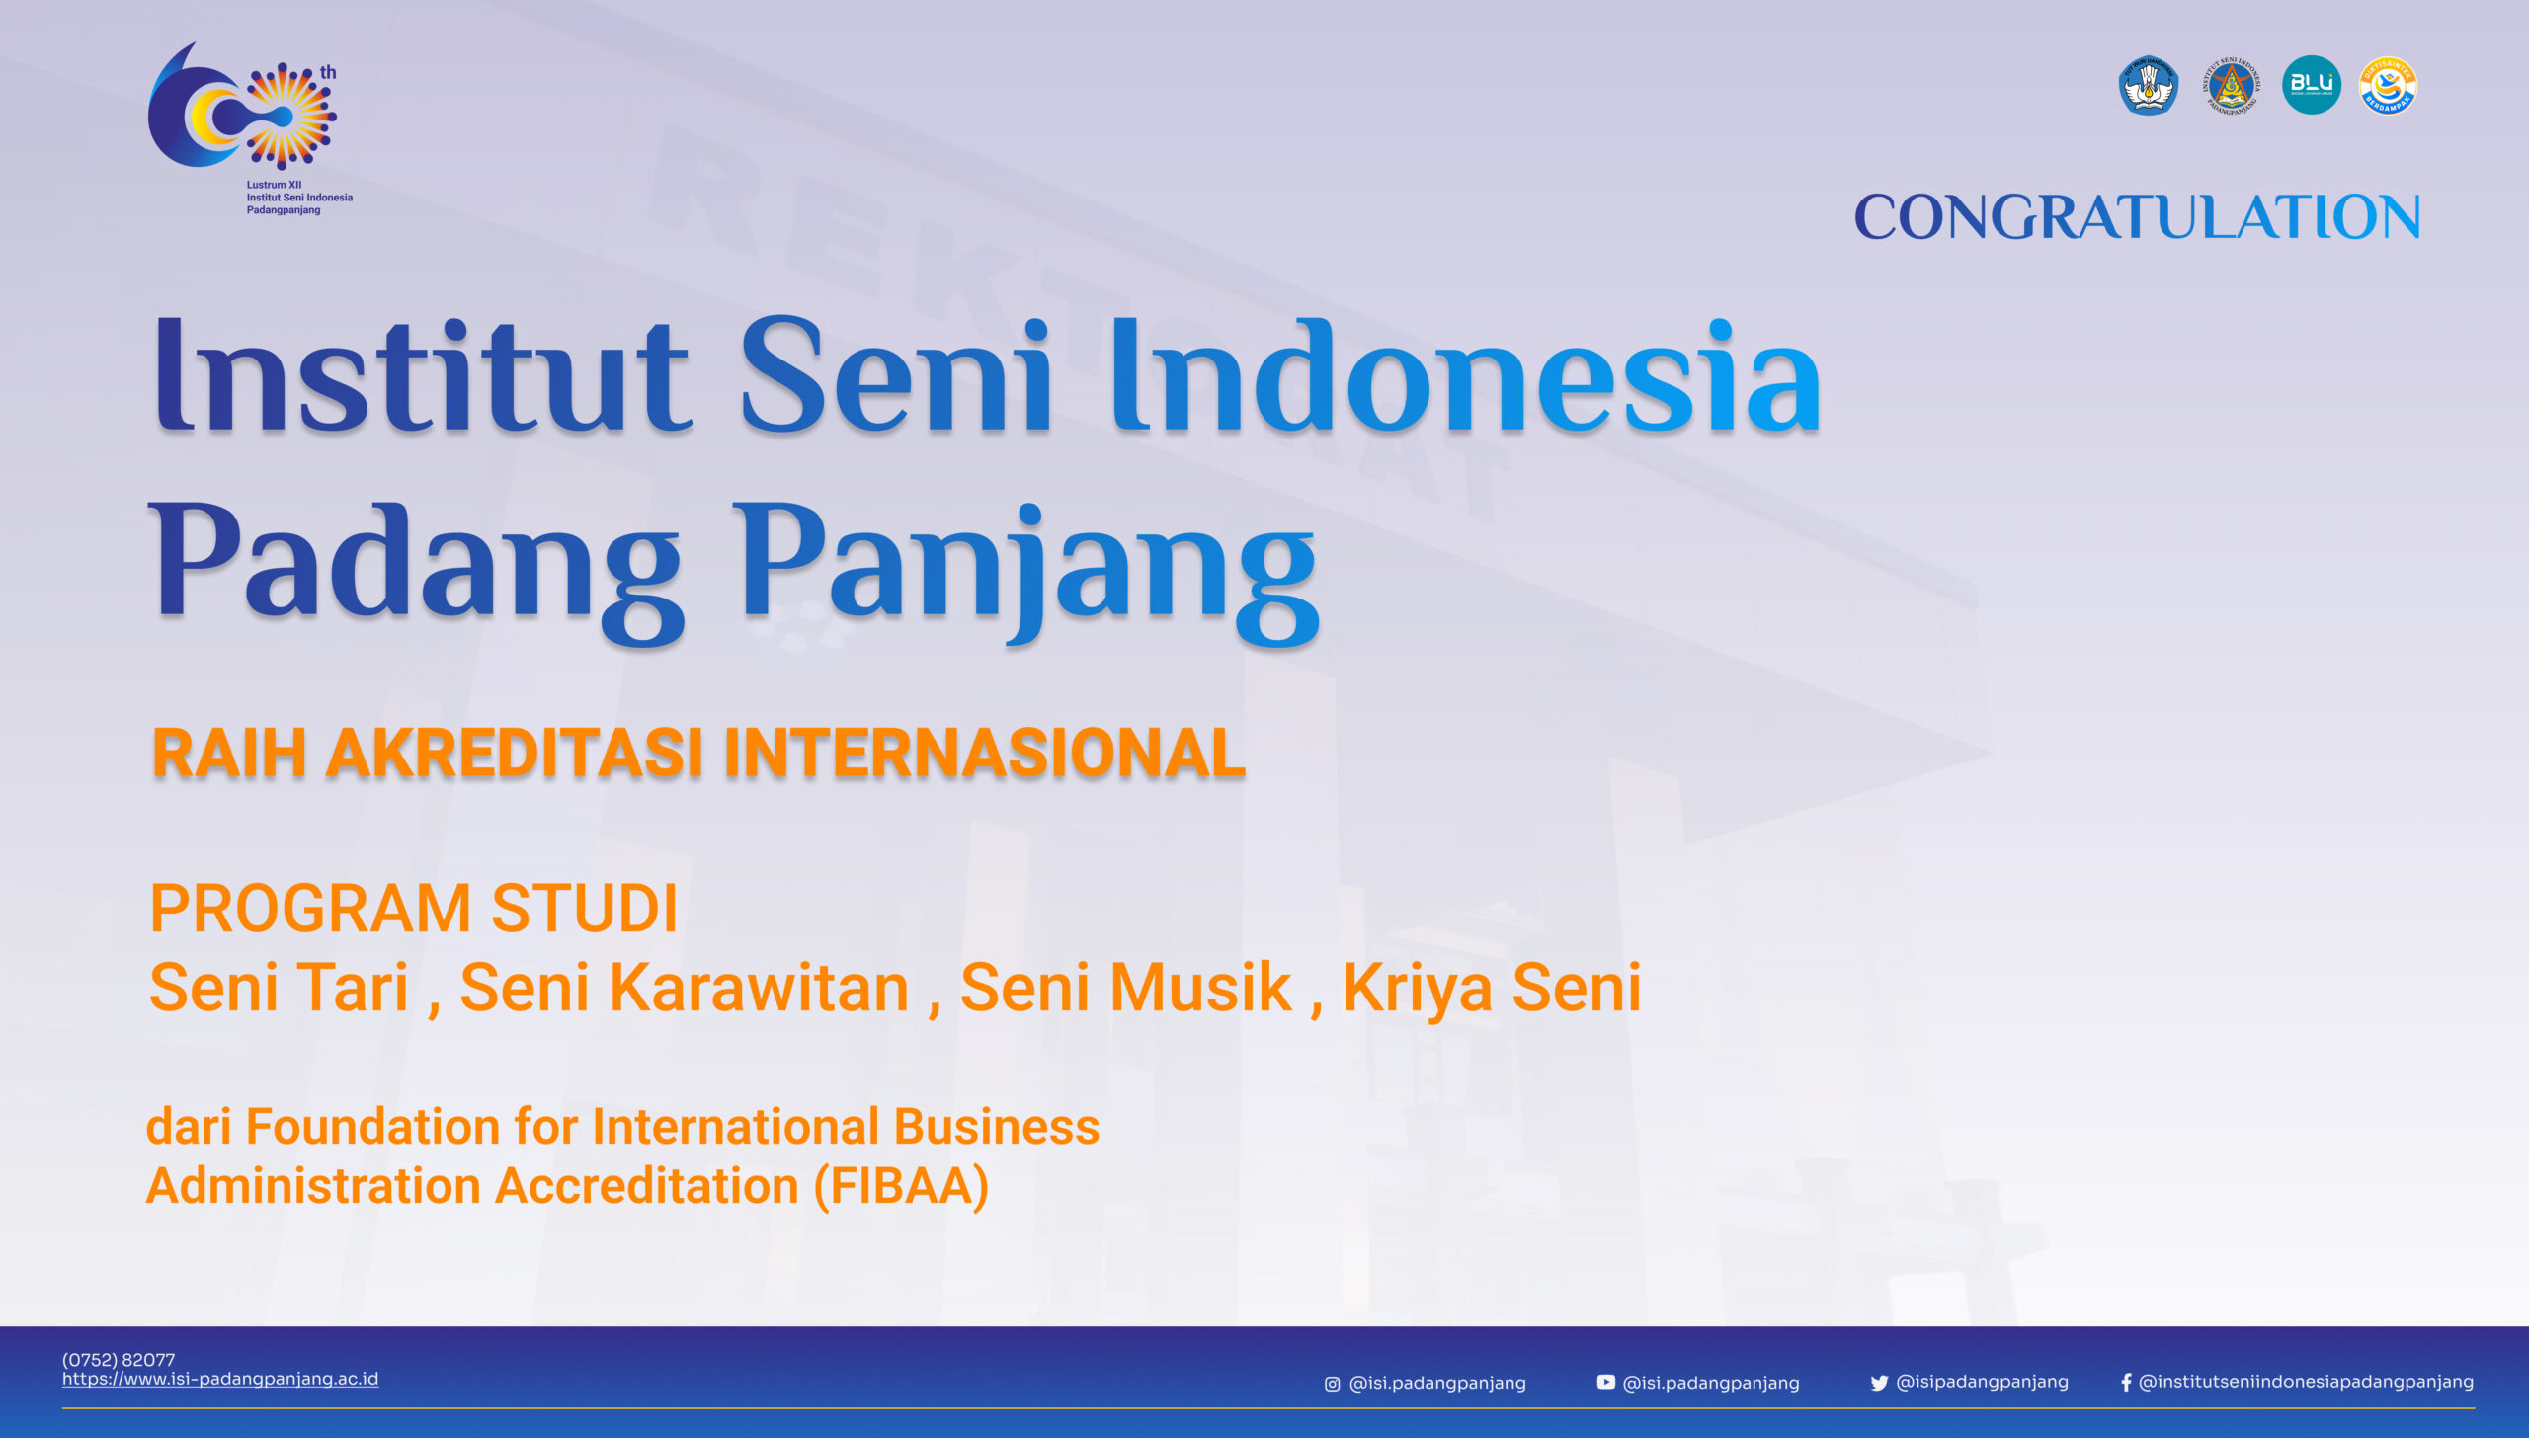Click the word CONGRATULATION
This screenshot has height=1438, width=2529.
2136,217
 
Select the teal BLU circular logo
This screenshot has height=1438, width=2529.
2311,85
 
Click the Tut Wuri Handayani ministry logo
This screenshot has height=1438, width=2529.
2148,85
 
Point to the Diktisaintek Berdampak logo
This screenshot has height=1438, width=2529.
2388,85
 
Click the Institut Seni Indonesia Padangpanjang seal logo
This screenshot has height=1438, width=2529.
2230,86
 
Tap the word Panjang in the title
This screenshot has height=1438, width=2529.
1027,567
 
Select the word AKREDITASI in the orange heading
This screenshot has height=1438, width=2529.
515,754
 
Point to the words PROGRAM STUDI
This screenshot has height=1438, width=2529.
414,909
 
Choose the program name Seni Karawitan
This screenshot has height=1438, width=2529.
684,988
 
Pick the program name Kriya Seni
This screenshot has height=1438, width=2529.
1492,988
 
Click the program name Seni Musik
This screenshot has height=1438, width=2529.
1125,988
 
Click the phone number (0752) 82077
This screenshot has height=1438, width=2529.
119,1360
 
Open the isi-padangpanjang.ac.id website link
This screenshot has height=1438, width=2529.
220,1379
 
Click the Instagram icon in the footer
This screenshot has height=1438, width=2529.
1332,1384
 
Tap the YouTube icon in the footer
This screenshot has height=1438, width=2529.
1605,1383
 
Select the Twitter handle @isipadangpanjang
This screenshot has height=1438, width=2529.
1982,1382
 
